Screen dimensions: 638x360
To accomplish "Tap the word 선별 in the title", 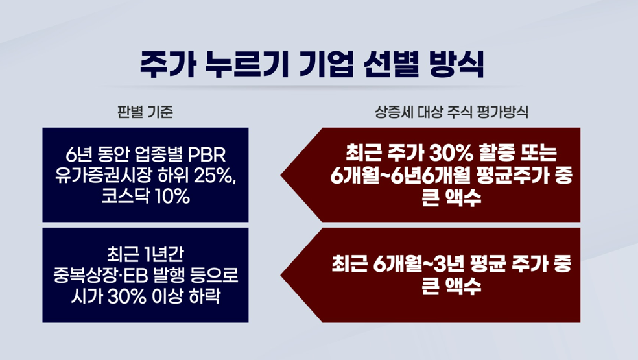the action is click(390, 64).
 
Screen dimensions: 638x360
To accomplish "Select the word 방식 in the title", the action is click(456, 64).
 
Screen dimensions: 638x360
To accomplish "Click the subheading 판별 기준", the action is click(145, 112).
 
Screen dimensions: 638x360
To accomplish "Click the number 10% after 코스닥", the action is click(172, 197).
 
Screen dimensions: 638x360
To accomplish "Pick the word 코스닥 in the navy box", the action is click(126, 197).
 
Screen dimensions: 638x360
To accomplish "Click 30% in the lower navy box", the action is click(126, 297).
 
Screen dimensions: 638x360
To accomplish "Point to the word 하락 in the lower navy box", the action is click(204, 297).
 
